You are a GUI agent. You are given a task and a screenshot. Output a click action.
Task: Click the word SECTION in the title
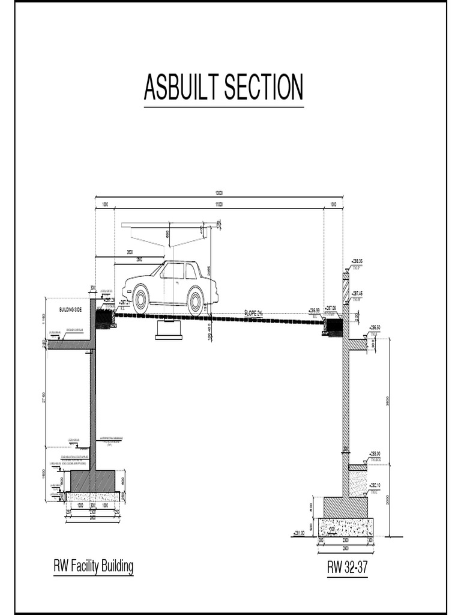click(x=264, y=88)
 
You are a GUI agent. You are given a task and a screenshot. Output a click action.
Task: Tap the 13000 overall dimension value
click(x=220, y=194)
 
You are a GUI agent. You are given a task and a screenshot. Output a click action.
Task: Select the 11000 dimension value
click(x=219, y=204)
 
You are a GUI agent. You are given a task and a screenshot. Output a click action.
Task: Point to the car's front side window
click(x=172, y=271)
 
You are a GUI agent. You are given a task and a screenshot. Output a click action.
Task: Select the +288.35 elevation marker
click(x=358, y=261)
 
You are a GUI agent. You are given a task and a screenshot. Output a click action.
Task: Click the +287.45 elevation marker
click(x=358, y=293)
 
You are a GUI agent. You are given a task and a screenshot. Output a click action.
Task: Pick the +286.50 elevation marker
click(x=373, y=327)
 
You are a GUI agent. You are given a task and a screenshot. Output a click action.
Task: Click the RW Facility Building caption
click(x=93, y=566)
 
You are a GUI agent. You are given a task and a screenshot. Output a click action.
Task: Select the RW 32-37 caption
click(x=347, y=567)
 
